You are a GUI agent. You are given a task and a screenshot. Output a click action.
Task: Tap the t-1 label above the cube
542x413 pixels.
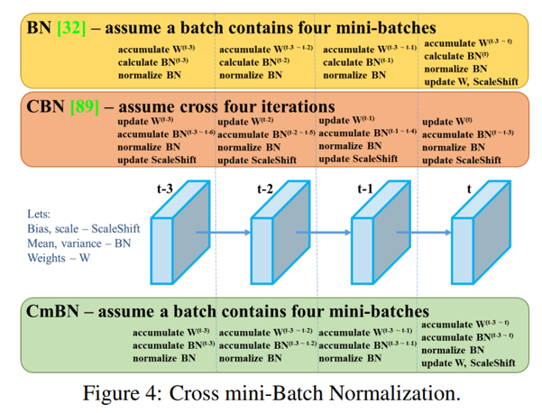point(365,189)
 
